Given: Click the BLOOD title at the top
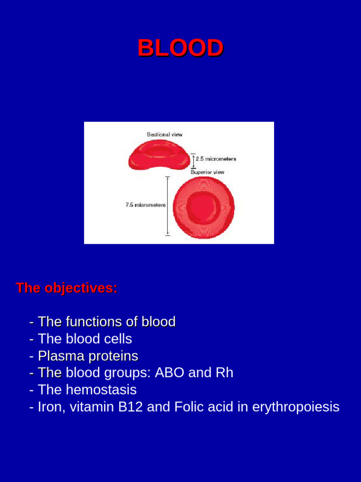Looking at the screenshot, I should click(180, 48).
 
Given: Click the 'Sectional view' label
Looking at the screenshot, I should click(165, 135).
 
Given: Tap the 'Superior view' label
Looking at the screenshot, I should click(207, 172).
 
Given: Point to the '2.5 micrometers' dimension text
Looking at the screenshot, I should click(216, 159).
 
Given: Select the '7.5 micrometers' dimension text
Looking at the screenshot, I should click(145, 205).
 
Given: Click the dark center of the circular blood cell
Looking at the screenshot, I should click(203, 207).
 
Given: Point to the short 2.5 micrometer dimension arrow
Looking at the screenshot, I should click(193, 160).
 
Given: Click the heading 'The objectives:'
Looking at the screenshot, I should click(66, 288).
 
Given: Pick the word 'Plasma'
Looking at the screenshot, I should click(58, 356).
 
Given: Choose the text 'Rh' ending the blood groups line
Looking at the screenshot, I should click(224, 373).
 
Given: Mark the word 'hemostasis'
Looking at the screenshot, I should click(101, 390).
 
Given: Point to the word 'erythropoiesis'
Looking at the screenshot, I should click(296, 407).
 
